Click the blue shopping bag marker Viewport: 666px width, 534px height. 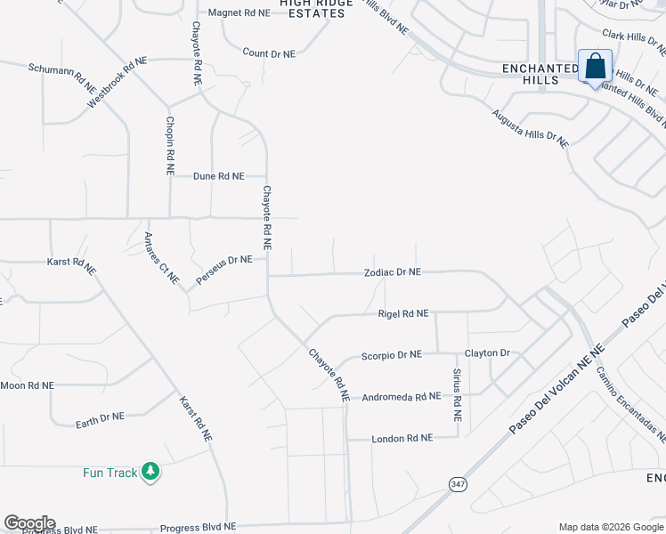pyautogui.click(x=595, y=67)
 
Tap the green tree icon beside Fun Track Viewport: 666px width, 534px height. pyautogui.click(x=150, y=471)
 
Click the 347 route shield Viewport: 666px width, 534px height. pyautogui.click(x=458, y=483)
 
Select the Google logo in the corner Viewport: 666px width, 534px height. pyautogui.click(x=29, y=523)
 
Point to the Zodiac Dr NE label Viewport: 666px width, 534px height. pyautogui.click(x=392, y=272)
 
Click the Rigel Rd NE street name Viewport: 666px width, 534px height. pyautogui.click(x=403, y=313)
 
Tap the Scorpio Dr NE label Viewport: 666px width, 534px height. pyautogui.click(x=391, y=355)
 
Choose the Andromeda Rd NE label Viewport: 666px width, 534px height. pyautogui.click(x=402, y=397)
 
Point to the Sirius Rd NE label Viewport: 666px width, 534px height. pyautogui.click(x=457, y=394)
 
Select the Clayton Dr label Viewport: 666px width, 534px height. pyautogui.click(x=487, y=353)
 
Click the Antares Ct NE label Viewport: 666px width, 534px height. pyautogui.click(x=161, y=258)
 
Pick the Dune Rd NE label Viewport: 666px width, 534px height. pyautogui.click(x=219, y=176)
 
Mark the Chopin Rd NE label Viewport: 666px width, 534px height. pyautogui.click(x=169, y=144)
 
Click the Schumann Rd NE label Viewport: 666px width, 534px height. pyautogui.click(x=61, y=77)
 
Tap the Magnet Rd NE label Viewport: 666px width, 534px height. pyautogui.click(x=239, y=13)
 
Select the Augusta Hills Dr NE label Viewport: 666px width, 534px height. pyautogui.click(x=530, y=127)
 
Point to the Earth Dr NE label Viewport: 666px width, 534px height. pyautogui.click(x=100, y=417)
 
